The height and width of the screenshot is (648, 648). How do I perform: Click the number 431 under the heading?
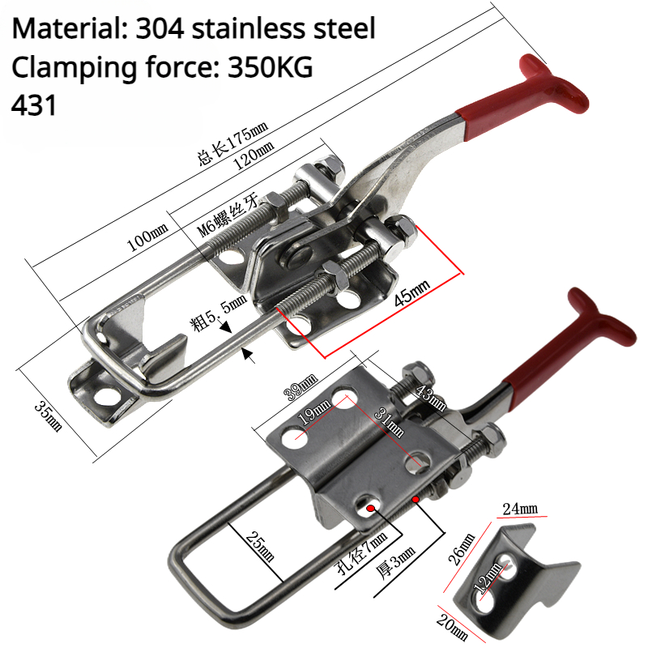tap(35, 105)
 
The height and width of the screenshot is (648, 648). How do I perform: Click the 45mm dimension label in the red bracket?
tap(413, 292)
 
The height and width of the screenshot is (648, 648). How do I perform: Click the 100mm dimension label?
tap(147, 238)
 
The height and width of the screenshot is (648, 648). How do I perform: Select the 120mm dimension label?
tap(251, 151)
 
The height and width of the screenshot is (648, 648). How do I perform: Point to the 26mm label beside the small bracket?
tap(459, 548)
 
